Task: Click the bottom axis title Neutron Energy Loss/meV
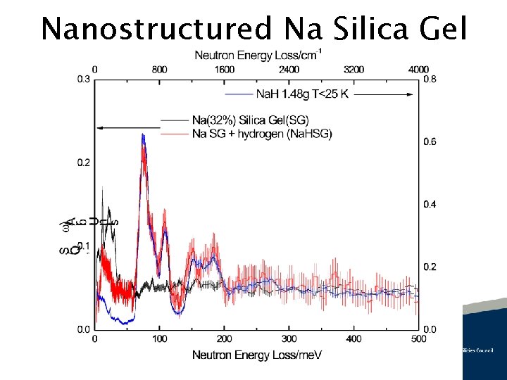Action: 257,355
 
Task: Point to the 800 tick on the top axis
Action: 160,70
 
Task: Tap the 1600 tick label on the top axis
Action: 224,70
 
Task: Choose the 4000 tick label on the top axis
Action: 418,70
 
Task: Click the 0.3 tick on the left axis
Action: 83,80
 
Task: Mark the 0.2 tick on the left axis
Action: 83,163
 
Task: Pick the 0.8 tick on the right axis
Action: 430,80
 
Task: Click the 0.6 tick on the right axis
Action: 430,142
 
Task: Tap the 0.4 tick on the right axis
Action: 430,204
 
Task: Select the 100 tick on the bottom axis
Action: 160,338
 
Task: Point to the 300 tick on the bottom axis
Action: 289,338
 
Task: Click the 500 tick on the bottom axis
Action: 418,338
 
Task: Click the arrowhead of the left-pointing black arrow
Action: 99,127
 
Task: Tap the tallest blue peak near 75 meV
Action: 143,135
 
